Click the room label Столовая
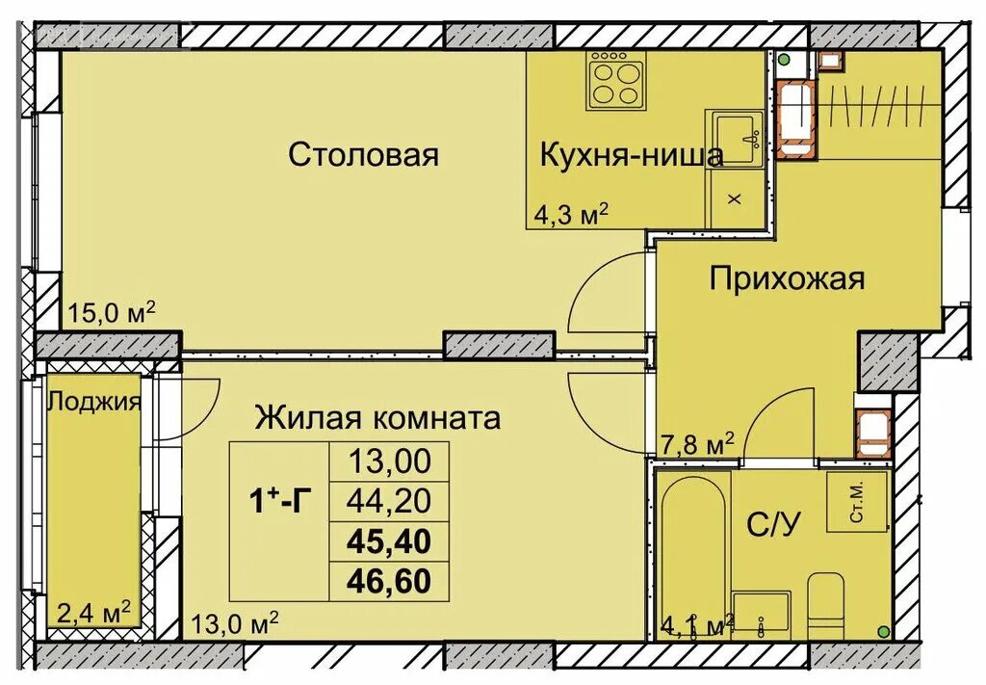(x=364, y=154)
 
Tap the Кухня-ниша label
(x=631, y=154)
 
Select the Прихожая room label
(x=787, y=279)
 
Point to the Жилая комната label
(x=377, y=418)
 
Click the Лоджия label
(x=94, y=402)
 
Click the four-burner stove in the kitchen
(x=616, y=81)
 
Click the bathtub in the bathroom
(x=691, y=550)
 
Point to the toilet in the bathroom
(x=825, y=602)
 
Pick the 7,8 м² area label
(x=698, y=444)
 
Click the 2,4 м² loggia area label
(x=92, y=613)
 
